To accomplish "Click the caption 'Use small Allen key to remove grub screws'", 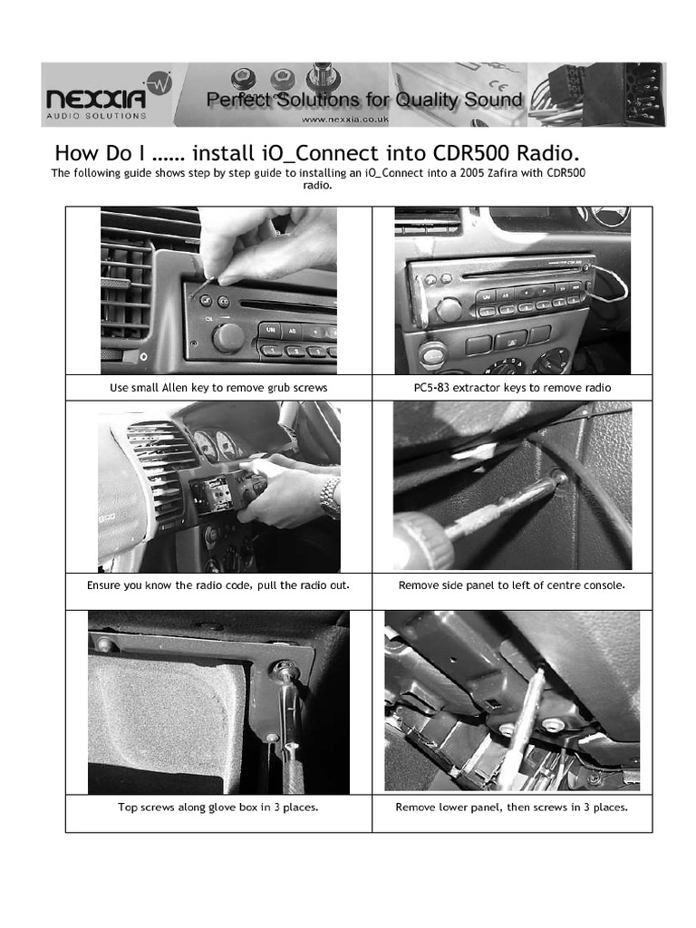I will click(218, 387).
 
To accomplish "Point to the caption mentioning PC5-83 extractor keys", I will click(512, 387).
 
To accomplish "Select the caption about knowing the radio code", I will click(218, 585).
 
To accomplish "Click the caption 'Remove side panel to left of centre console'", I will click(512, 585).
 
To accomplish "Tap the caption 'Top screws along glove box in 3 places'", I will click(218, 807).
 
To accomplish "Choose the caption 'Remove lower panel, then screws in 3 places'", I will click(512, 807).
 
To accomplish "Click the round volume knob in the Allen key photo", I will click(227, 337).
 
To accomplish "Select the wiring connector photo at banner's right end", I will click(598, 94).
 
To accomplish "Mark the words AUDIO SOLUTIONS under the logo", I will click(96, 116).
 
